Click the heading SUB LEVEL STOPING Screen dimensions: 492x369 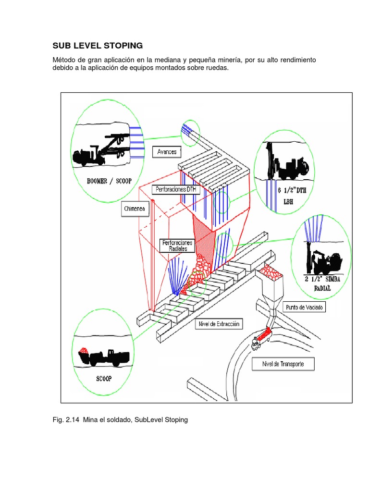pos(98,46)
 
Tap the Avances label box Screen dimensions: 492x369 pos(167,152)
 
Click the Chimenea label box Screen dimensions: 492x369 pos(136,209)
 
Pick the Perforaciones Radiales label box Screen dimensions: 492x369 pos(178,246)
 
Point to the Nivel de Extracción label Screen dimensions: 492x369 pos(219,324)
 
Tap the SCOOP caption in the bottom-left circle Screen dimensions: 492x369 pos(103,378)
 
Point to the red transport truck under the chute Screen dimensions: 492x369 pos(262,336)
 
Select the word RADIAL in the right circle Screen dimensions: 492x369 pos(323,288)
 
